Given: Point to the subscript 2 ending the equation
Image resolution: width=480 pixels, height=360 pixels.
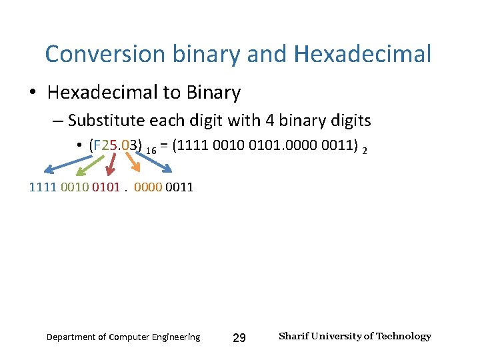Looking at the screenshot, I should [364, 151].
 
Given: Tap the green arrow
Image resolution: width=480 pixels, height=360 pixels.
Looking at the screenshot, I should [85, 167].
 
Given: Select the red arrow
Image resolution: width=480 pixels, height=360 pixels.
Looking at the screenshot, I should [111, 166].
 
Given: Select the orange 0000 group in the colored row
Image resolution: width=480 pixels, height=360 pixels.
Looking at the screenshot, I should [147, 187].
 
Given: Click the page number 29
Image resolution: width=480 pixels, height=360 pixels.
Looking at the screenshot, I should [239, 338].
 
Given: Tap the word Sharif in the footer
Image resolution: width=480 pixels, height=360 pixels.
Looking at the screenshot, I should [293, 336].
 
